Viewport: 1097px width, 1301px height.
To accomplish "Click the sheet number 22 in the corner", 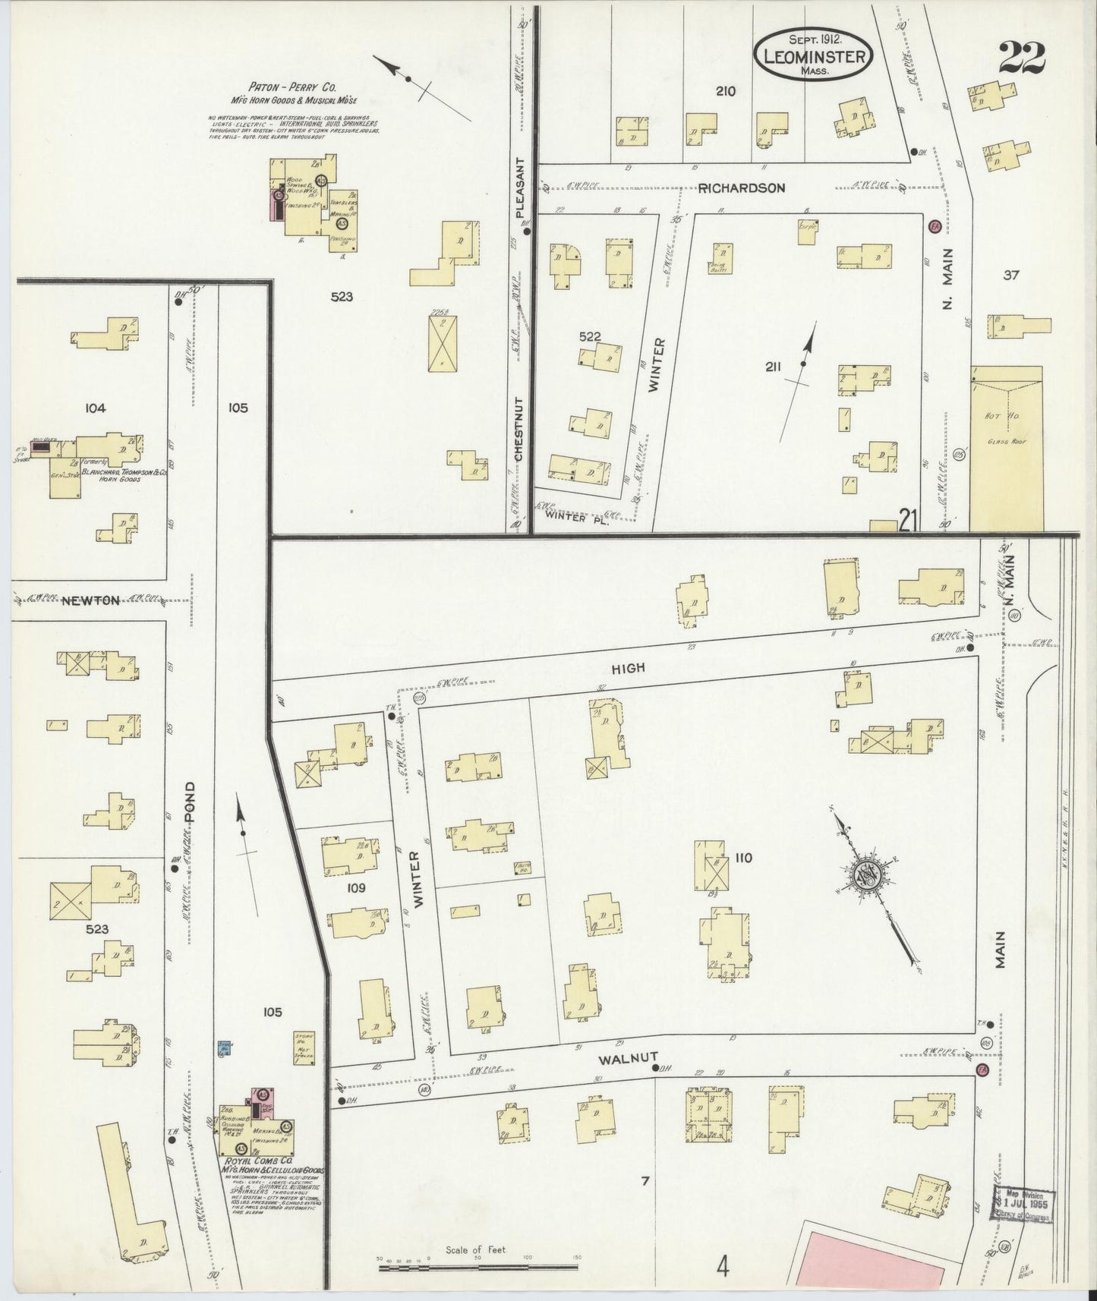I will tap(1022, 57).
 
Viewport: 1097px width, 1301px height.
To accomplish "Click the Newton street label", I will tap(90, 600).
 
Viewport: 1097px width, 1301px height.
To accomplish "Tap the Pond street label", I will tap(191, 805).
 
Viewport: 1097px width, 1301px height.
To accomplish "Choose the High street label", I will tap(628, 668).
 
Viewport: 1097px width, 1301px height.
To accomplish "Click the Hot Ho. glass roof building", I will tap(1006, 448).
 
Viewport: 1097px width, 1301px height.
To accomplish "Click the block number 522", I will tap(589, 336).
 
